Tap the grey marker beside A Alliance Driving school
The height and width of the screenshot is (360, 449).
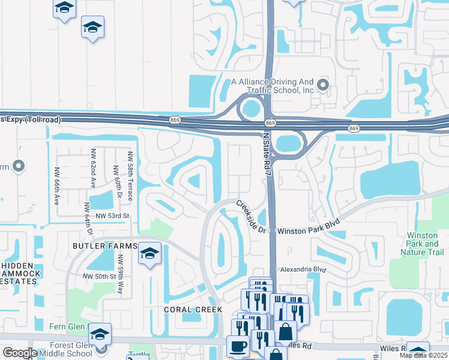pyautogui.click(x=324, y=85)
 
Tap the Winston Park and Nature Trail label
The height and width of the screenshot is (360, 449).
pyautogui.click(x=426, y=244)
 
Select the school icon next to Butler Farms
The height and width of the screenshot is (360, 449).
pyautogui.click(x=149, y=252)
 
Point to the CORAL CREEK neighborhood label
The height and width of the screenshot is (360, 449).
pyautogui.click(x=193, y=310)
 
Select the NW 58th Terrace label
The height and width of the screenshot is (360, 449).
pyautogui.click(x=130, y=172)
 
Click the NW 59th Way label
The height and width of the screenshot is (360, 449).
pyautogui.click(x=122, y=274)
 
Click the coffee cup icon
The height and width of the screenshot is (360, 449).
pyautogui.click(x=238, y=347)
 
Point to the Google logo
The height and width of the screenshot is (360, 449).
pyautogui.click(x=20, y=353)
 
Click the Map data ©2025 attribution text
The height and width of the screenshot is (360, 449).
pyautogui.click(x=423, y=355)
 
